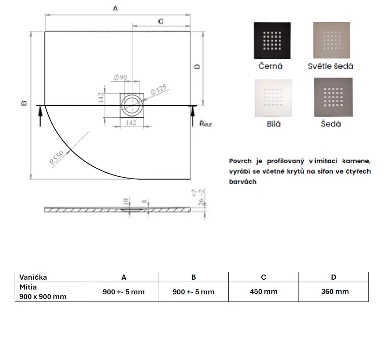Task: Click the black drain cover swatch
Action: [272, 40]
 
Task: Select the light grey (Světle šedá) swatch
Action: [331, 40]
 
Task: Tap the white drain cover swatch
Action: [273, 98]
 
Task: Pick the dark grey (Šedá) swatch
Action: [333, 97]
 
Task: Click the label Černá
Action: [270, 66]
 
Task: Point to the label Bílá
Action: [274, 124]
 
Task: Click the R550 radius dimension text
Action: [56, 157]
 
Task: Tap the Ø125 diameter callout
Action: [159, 90]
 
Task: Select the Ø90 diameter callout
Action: [120, 77]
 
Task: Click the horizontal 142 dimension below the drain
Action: [131, 123]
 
